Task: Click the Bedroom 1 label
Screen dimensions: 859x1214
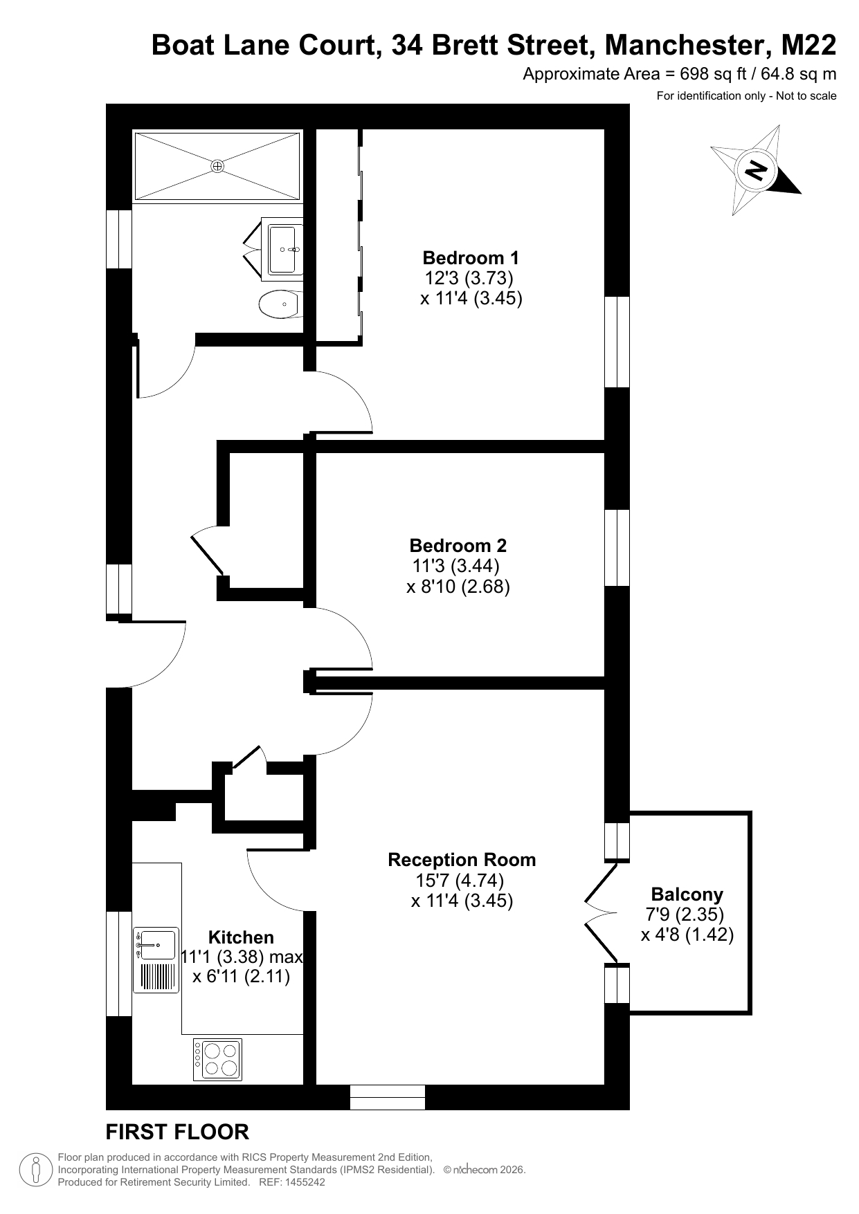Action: coord(471,258)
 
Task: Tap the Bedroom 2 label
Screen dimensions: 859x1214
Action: coord(458,545)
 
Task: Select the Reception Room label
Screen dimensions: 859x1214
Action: coord(462,860)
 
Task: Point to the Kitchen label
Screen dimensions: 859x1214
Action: coord(241,937)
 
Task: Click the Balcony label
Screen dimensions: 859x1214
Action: coord(687,894)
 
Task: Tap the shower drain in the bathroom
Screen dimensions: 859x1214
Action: coord(217,166)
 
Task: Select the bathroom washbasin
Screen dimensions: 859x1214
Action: coord(283,248)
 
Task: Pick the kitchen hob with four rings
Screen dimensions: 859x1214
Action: coord(217,1060)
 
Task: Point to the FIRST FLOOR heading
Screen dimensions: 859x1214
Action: coord(177,1132)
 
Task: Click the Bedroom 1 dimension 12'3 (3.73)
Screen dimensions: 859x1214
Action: coord(469,278)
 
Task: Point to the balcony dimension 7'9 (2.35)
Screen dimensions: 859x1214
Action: coord(685,914)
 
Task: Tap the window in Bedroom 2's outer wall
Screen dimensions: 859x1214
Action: coord(617,548)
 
